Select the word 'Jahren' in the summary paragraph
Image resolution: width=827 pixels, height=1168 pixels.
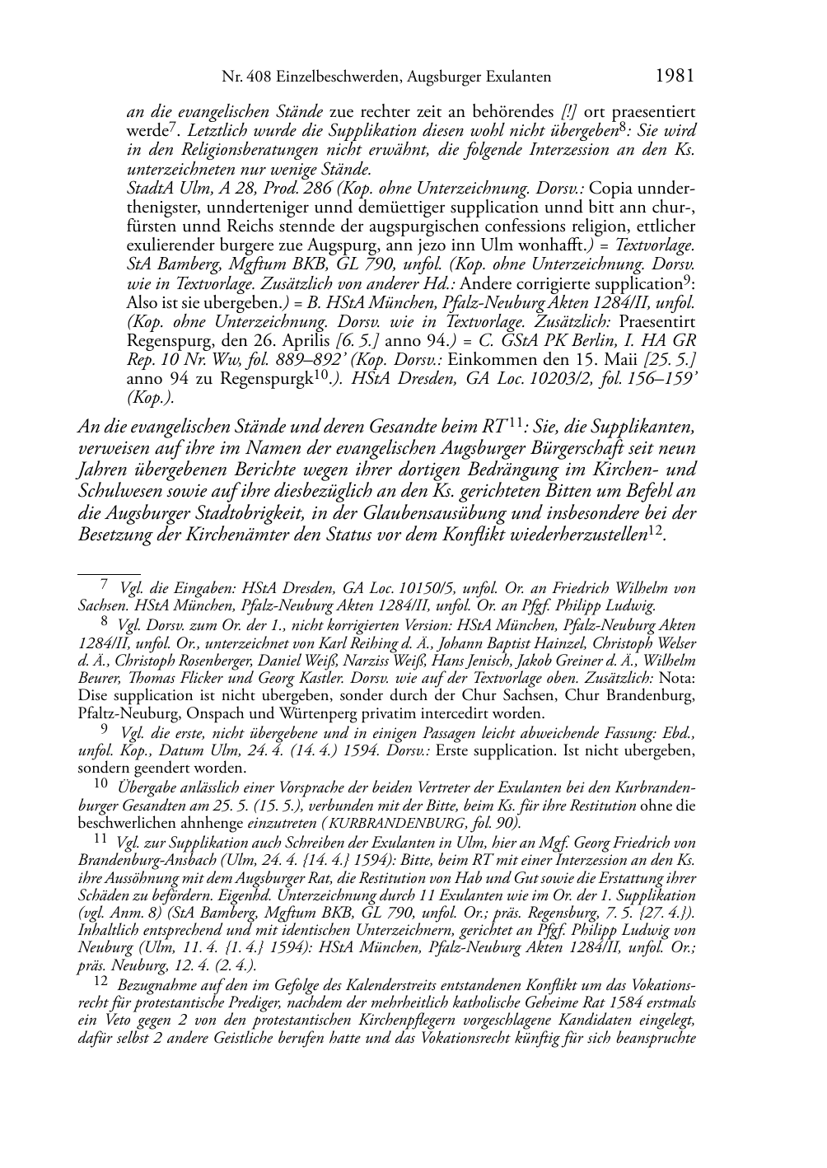click(100, 470)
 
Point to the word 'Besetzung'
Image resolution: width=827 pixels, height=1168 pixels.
click(113, 535)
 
